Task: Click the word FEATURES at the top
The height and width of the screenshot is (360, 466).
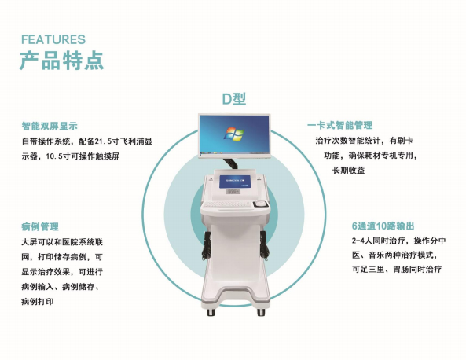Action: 53,39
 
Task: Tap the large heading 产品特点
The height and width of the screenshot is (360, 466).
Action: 62,61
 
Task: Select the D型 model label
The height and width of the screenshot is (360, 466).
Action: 234,99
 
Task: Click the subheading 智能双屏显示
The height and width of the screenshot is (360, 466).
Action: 50,126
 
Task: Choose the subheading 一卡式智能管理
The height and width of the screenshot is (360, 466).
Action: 339,126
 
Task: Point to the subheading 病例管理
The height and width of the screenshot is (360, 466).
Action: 40,227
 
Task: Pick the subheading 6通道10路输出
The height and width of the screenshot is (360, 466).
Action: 383,226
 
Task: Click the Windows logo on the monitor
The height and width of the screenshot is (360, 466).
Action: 234,134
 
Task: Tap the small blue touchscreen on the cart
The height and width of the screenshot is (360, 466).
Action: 235,182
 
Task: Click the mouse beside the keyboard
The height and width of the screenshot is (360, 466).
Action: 260,204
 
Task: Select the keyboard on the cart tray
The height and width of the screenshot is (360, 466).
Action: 228,204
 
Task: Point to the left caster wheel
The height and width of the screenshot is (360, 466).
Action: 211,312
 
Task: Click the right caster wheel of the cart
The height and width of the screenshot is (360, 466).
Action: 261,312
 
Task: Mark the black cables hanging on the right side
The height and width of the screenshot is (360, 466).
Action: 264,245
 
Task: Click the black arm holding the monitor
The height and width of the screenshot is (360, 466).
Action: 230,163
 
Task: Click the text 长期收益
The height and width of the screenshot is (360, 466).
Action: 348,171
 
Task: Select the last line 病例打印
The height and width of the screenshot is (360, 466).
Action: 38,302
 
